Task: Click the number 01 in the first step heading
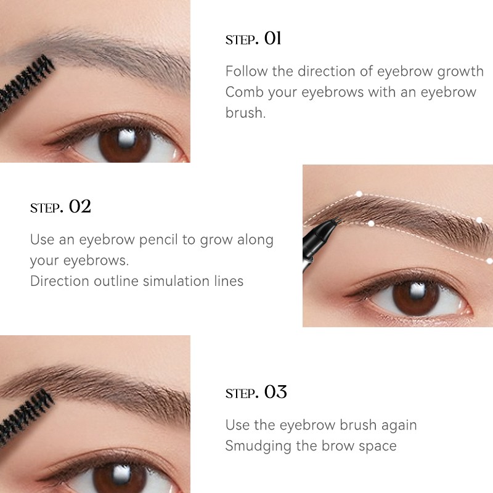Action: point(272,39)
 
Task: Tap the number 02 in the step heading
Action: point(79,206)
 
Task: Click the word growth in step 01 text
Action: point(460,71)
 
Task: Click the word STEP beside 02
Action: point(46,208)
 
